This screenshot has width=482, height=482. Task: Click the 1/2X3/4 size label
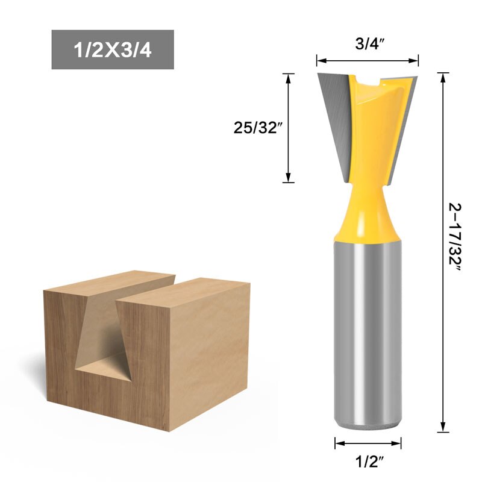(x=113, y=49)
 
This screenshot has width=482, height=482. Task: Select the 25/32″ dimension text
(x=258, y=127)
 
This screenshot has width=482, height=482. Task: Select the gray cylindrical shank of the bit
(x=368, y=331)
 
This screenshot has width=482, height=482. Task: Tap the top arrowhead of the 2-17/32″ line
(x=444, y=76)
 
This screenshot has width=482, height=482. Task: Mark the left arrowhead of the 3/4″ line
(x=320, y=60)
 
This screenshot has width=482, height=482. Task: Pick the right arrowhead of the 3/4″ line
(x=416, y=60)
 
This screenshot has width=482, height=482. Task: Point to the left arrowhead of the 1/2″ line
(x=338, y=443)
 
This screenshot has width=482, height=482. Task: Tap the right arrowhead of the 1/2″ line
(x=398, y=443)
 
